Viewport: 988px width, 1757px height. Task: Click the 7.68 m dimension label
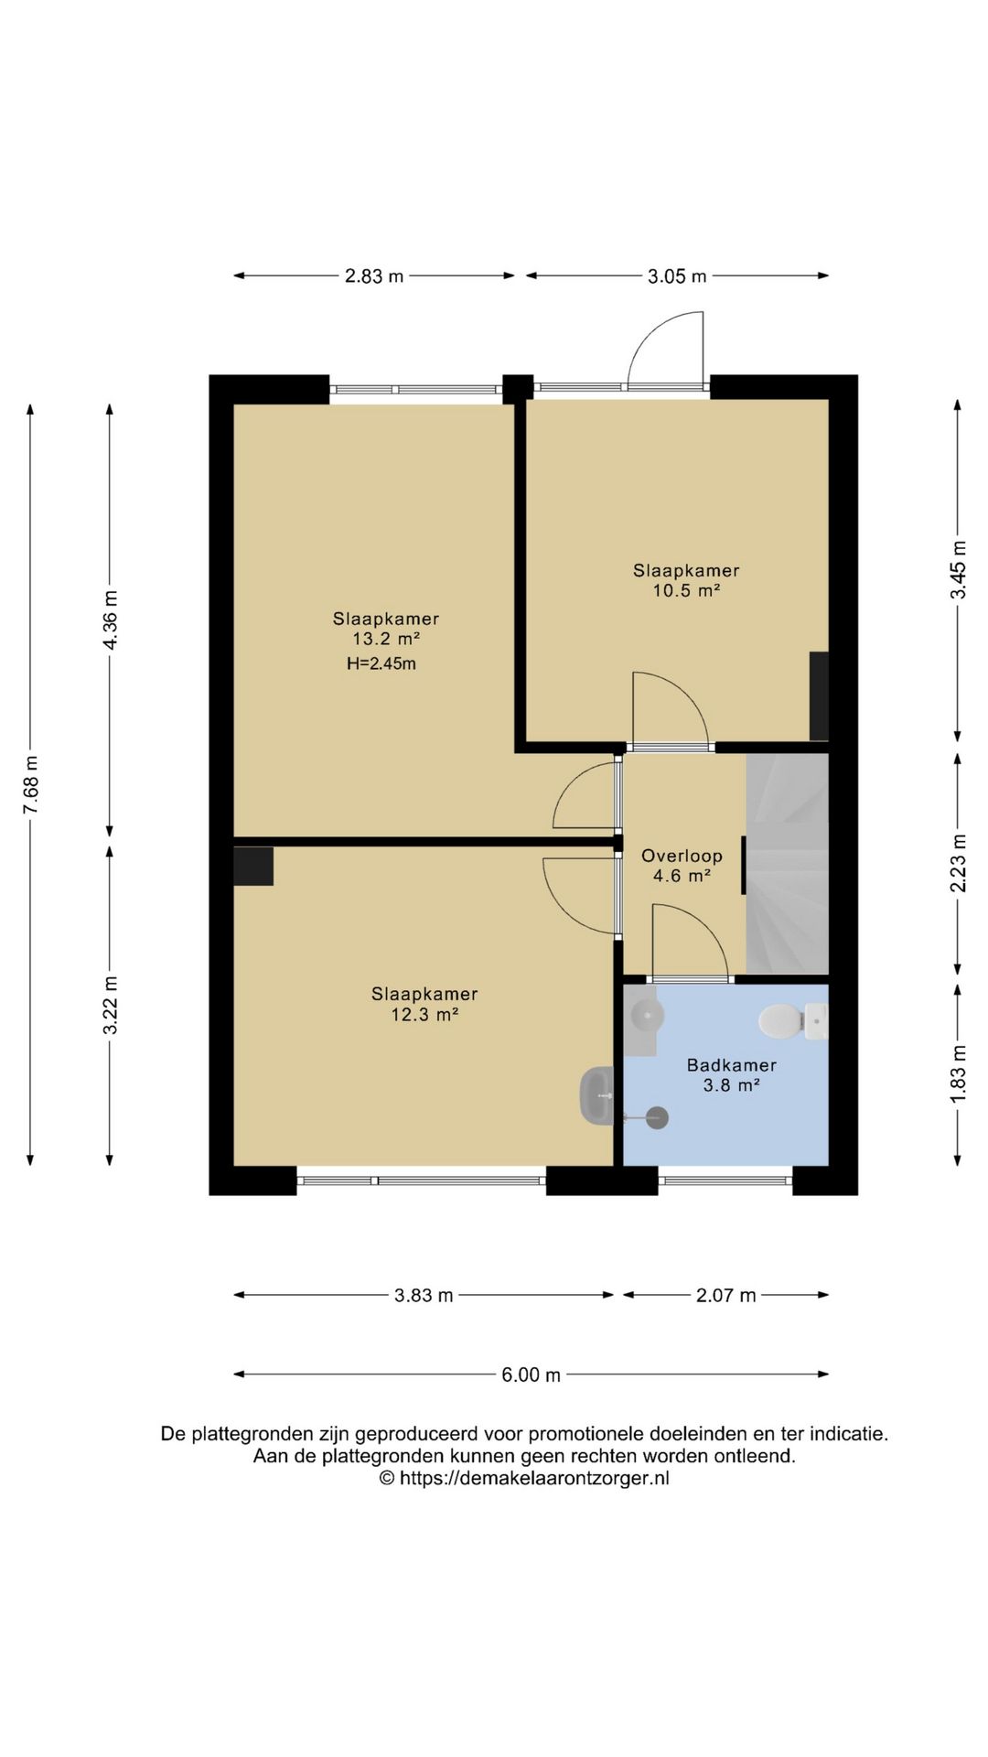pyautogui.click(x=30, y=784)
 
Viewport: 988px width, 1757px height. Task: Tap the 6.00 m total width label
pyautogui.click(x=531, y=1374)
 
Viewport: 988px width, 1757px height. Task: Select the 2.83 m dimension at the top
pyautogui.click(x=374, y=275)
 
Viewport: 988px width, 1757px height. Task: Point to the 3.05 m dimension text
pyautogui.click(x=677, y=275)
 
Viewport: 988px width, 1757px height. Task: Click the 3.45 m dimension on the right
pyautogui.click(x=958, y=569)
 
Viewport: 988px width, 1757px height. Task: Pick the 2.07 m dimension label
pyautogui.click(x=726, y=1295)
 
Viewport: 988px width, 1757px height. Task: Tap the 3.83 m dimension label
pyautogui.click(x=424, y=1295)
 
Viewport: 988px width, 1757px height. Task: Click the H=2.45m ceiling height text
pyautogui.click(x=381, y=663)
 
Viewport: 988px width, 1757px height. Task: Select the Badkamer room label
pyautogui.click(x=732, y=1065)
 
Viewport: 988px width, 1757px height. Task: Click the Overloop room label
pyautogui.click(x=682, y=856)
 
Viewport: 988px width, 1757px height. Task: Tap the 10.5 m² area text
pyautogui.click(x=686, y=590)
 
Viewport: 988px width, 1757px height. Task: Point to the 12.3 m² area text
pyautogui.click(x=424, y=1014)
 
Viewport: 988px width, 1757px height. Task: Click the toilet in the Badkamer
pyautogui.click(x=792, y=1021)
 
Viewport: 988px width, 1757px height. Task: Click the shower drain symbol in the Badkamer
pyautogui.click(x=656, y=1117)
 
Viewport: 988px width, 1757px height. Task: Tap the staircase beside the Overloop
pyautogui.click(x=787, y=864)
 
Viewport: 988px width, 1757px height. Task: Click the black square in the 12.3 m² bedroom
pyautogui.click(x=253, y=866)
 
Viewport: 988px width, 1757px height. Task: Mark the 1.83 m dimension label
pyautogui.click(x=958, y=1073)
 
